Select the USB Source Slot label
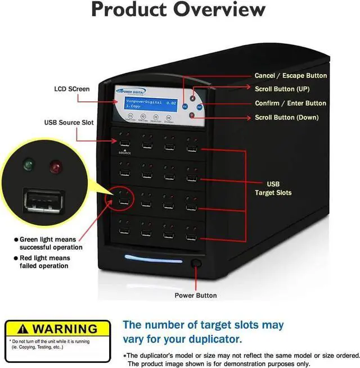[69, 122]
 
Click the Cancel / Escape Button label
[290, 75]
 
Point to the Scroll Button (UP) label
[282, 89]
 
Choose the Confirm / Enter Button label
[290, 103]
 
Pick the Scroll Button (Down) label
[286, 117]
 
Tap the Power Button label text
[195, 296]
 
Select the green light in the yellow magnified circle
[28, 165]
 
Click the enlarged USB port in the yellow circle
[43, 201]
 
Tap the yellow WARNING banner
[51, 329]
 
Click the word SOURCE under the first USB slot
[124, 153]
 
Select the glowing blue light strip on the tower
[153, 258]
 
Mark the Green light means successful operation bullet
[49, 243]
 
